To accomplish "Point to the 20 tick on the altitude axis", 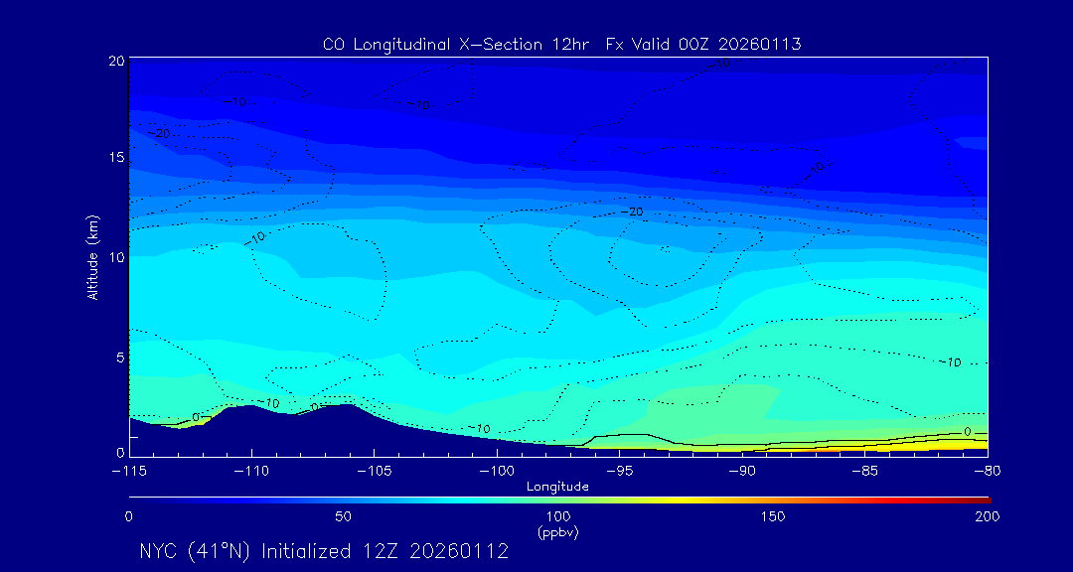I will (x=117, y=61).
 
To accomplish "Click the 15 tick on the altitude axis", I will (x=117, y=158).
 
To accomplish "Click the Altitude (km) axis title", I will (x=92, y=257).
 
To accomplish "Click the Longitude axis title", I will (x=558, y=487).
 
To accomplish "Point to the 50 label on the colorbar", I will (x=343, y=516).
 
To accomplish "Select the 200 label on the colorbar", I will (x=988, y=516).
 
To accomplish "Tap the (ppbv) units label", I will (x=558, y=532).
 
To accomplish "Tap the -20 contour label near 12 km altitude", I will (x=632, y=212).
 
